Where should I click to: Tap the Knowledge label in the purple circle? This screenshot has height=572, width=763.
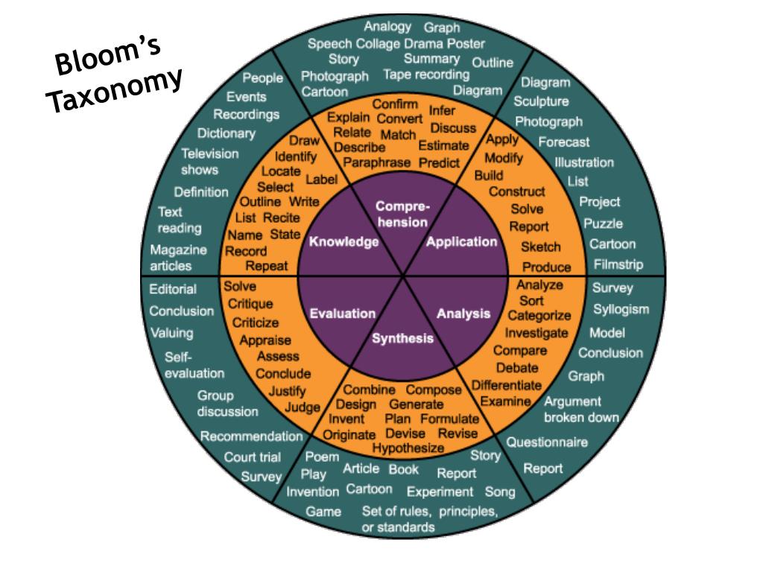click(x=343, y=241)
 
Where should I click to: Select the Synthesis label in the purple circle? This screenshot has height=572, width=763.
click(x=402, y=338)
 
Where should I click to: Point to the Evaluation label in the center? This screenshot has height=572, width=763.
click(x=343, y=314)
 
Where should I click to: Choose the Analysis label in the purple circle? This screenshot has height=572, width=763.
click(x=463, y=314)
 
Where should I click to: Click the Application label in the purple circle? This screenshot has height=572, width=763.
click(x=461, y=241)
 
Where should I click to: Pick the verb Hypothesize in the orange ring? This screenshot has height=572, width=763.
click(x=408, y=448)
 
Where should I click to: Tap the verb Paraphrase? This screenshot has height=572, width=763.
click(x=377, y=162)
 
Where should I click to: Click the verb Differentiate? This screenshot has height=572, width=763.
click(x=507, y=385)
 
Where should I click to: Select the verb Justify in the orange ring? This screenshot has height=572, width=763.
click(x=287, y=391)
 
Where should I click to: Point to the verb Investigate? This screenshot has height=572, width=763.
click(x=536, y=333)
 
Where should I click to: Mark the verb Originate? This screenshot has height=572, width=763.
click(x=349, y=434)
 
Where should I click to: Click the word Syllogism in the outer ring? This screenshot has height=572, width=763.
click(x=621, y=309)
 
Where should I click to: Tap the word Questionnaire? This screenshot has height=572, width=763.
click(x=547, y=442)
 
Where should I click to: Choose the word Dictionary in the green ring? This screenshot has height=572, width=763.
click(x=226, y=133)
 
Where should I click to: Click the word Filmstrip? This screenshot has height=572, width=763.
click(x=618, y=264)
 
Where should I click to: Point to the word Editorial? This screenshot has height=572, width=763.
click(x=173, y=289)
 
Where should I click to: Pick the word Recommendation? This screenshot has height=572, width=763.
click(x=251, y=436)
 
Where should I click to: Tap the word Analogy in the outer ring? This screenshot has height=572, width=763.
click(x=387, y=28)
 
